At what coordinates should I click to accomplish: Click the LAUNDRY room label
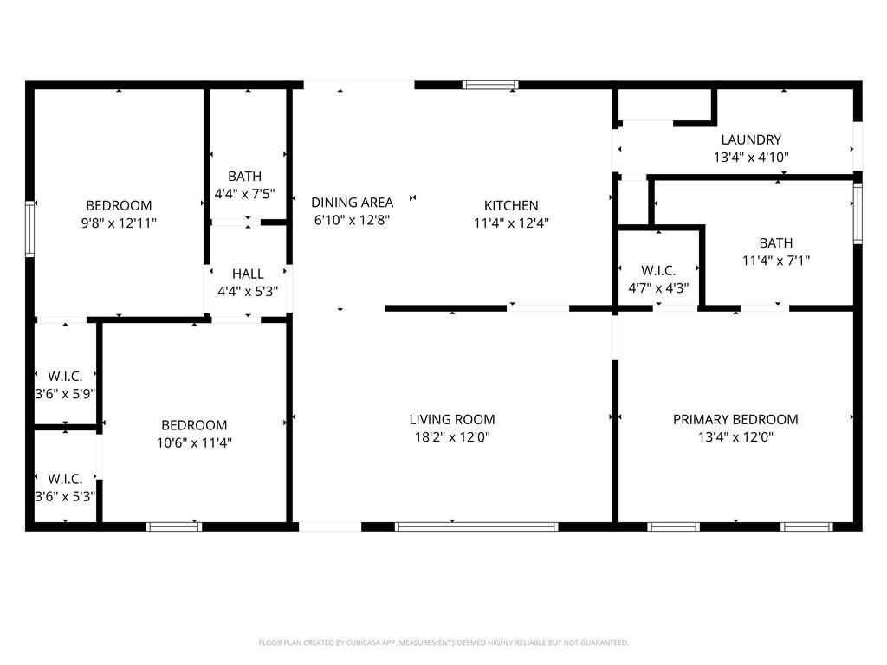click(x=751, y=139)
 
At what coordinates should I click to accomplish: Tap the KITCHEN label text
click(x=510, y=205)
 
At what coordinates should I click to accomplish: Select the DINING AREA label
click(x=352, y=202)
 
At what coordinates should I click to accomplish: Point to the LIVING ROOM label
click(x=452, y=419)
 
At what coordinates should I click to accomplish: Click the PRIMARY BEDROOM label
click(x=735, y=419)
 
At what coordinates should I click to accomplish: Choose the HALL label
click(x=248, y=274)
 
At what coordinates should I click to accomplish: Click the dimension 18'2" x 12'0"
click(x=452, y=438)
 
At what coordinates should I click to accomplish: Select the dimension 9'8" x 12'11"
click(x=119, y=223)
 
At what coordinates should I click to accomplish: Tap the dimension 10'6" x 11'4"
click(x=194, y=442)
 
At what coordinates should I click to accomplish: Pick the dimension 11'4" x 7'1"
click(x=775, y=261)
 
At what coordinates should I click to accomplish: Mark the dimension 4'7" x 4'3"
click(x=658, y=288)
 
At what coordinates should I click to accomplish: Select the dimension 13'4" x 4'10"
click(x=751, y=158)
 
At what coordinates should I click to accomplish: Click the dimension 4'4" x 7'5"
click(x=244, y=194)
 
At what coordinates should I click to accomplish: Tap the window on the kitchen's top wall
click(x=489, y=85)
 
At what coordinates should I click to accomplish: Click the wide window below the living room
click(x=476, y=526)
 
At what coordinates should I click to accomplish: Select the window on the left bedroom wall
click(x=29, y=229)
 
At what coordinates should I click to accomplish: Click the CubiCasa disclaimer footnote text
click(x=443, y=642)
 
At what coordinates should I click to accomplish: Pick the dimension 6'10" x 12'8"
click(x=352, y=220)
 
